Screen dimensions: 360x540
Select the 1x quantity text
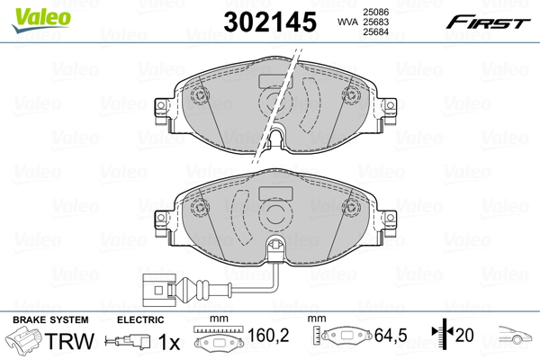click(167, 342)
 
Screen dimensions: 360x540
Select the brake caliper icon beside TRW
click(25, 343)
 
